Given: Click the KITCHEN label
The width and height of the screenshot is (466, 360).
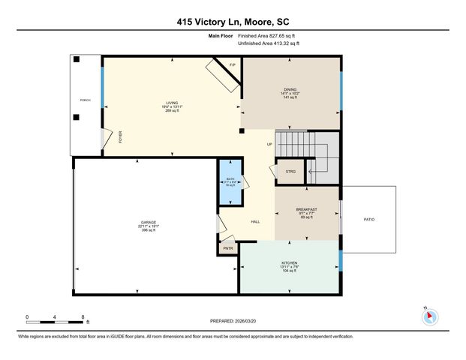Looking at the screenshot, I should point(289,262).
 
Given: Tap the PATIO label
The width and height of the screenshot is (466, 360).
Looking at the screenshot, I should point(368,219).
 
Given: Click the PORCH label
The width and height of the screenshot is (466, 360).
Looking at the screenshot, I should point(86,99).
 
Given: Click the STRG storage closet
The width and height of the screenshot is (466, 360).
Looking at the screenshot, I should point(290,172).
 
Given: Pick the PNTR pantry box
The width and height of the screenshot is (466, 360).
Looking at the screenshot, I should point(228,248).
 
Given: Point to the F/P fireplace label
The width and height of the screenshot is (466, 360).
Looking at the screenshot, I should point(232,65).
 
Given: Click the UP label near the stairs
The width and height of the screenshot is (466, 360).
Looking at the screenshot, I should point(269,144).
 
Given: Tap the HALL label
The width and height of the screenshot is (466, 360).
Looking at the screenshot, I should point(255,221).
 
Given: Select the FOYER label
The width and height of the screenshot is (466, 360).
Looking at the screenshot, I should point(119,136).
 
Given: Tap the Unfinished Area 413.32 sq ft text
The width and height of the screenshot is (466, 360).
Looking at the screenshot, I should point(269,43).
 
